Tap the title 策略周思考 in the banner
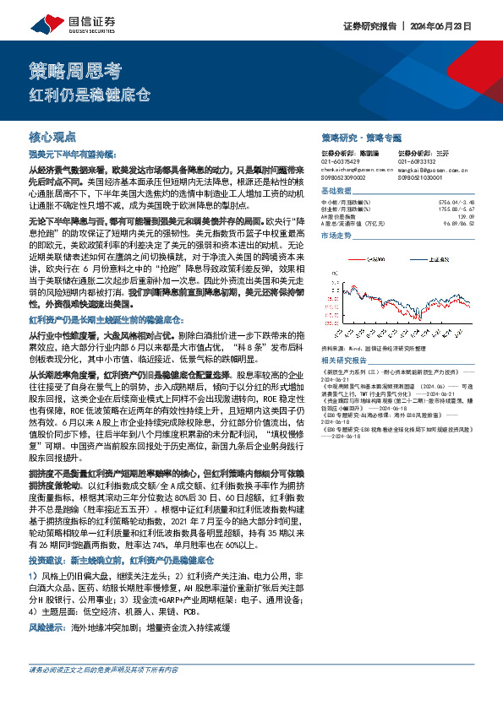coord(64,69)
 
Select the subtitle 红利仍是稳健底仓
coord(90,94)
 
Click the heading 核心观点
coord(52,135)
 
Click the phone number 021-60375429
coord(342,161)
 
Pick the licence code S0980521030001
coord(421,177)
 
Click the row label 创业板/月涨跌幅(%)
coord(347,209)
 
